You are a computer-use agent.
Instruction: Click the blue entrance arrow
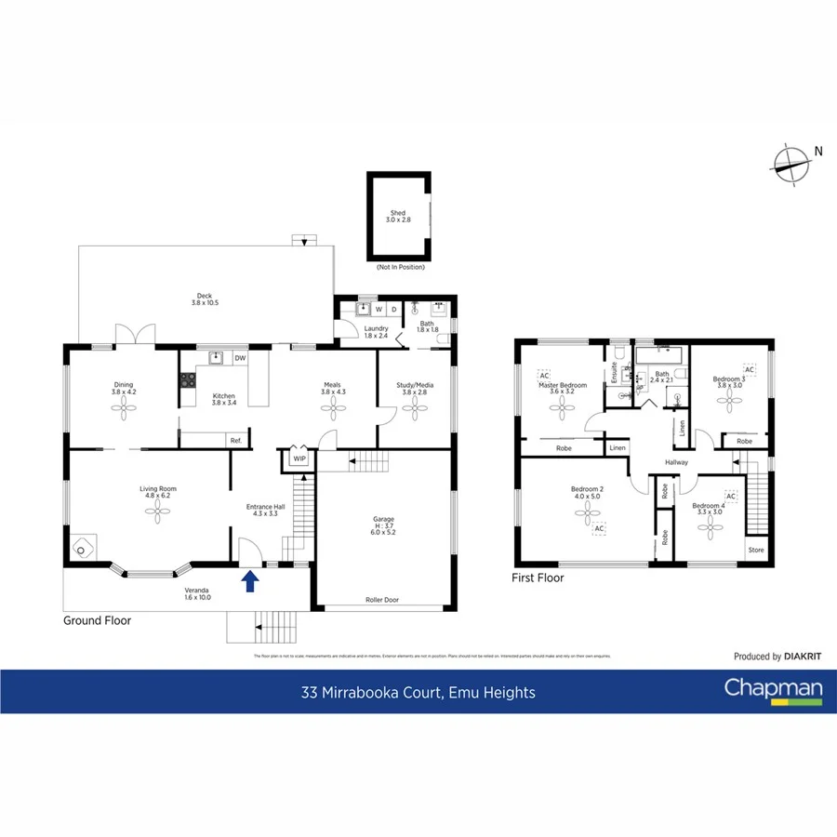[x=249, y=581]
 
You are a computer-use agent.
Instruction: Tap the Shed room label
[x=399, y=217]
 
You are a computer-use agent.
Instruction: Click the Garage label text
[x=384, y=526]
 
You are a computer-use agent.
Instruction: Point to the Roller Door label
[x=384, y=600]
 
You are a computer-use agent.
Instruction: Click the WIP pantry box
[x=299, y=458]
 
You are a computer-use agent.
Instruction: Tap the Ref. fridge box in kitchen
[x=236, y=440]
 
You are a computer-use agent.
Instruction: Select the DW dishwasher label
[x=240, y=358]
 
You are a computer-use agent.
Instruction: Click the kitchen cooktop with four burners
[x=187, y=379]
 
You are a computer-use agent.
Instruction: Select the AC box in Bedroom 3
[x=750, y=370]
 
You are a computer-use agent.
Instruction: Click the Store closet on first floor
[x=757, y=551]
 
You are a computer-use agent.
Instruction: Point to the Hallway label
[x=676, y=462]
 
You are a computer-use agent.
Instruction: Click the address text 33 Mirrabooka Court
[x=418, y=692]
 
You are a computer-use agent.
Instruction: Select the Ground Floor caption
[x=97, y=620]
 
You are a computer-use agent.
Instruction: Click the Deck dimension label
[x=204, y=299]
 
